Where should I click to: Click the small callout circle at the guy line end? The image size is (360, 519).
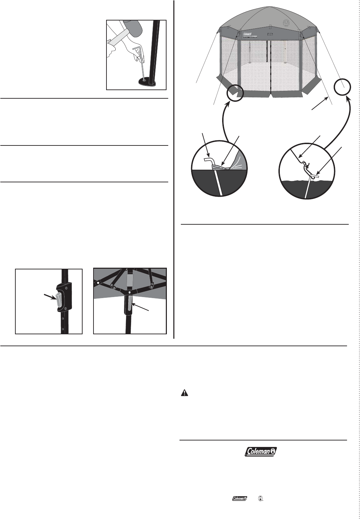click(342, 87)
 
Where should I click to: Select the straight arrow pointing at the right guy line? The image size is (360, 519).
click(320, 103)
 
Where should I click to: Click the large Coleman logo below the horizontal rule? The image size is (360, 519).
click(261, 451)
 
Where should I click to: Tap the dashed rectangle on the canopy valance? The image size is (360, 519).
click(270, 34)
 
